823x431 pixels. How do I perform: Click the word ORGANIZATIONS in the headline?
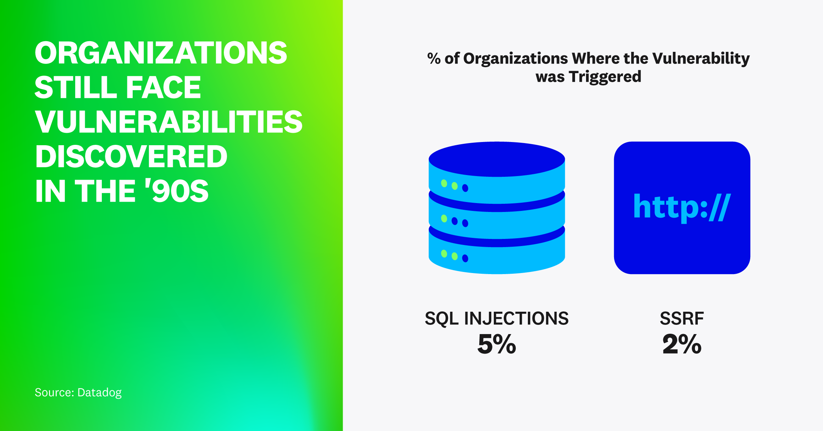click(161, 53)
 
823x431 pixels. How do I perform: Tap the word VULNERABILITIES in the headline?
click(169, 122)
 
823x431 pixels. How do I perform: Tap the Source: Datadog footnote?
click(78, 392)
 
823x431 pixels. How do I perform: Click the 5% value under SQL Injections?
click(496, 344)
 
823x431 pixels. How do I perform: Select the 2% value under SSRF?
click(681, 344)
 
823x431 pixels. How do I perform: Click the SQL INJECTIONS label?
click(496, 318)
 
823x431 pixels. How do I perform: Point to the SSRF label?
click(681, 318)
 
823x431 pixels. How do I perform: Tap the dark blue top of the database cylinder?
click(496, 159)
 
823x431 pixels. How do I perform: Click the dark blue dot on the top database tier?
click(465, 188)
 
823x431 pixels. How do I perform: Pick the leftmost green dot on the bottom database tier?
click(444, 253)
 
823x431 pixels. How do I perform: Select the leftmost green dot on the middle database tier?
click(444, 218)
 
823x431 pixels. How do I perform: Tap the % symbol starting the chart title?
click(433, 58)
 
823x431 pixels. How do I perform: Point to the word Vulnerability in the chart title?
click(701, 58)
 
